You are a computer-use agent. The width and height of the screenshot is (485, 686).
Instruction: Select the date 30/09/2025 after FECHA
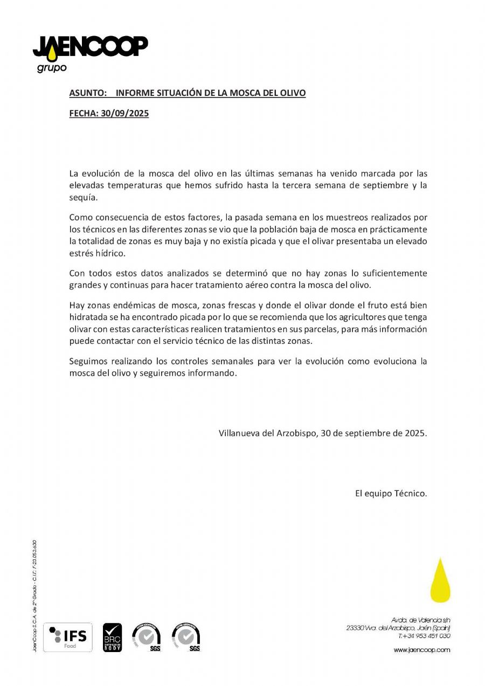click(124, 114)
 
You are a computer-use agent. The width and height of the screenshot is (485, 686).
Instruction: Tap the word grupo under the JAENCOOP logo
click(52, 68)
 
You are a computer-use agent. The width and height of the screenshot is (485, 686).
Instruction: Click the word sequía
click(83, 197)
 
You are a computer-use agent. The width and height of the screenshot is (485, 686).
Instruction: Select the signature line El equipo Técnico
click(391, 493)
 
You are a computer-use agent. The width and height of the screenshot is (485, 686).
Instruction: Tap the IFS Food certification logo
click(67, 638)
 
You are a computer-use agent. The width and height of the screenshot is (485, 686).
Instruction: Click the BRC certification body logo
click(113, 638)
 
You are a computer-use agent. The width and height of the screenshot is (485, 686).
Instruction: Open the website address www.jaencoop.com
click(421, 650)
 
